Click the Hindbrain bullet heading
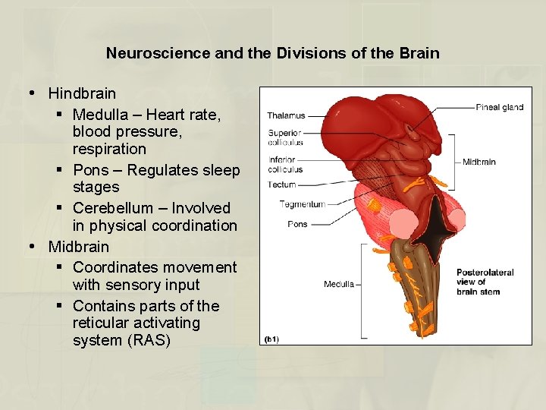point(82,93)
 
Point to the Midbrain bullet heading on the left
point(79,247)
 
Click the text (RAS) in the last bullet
point(149,340)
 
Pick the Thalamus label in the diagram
point(286,115)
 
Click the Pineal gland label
point(499,107)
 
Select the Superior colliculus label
point(285,137)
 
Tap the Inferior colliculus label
point(285,164)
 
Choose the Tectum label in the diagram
point(281,184)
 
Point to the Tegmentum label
point(302,203)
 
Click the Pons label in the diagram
point(297,224)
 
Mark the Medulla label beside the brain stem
point(339,285)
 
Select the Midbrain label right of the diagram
point(479,162)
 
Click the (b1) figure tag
point(271,339)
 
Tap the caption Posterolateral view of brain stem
point(485,282)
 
